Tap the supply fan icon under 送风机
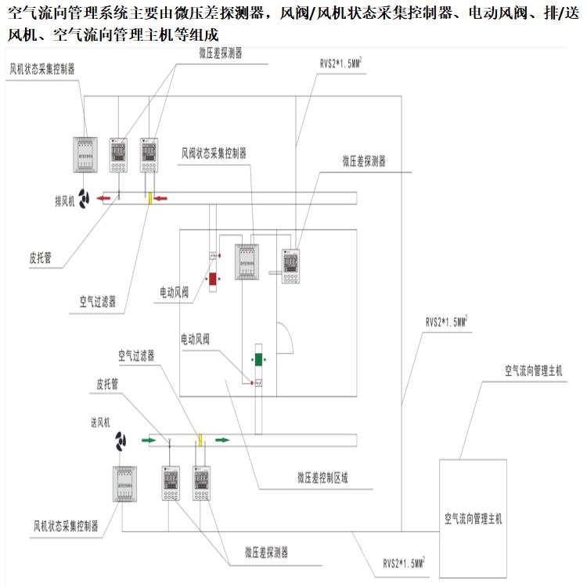click(121, 441)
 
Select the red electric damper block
click(211, 279)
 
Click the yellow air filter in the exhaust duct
click(149, 198)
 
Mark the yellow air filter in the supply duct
click(200, 441)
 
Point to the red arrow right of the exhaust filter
click(161, 198)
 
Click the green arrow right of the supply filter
click(222, 440)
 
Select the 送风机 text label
click(103, 422)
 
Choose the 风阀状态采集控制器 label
click(214, 154)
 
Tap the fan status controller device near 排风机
click(86, 155)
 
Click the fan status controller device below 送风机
click(126, 483)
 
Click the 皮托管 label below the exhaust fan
click(40, 258)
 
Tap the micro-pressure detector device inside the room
click(292, 266)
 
